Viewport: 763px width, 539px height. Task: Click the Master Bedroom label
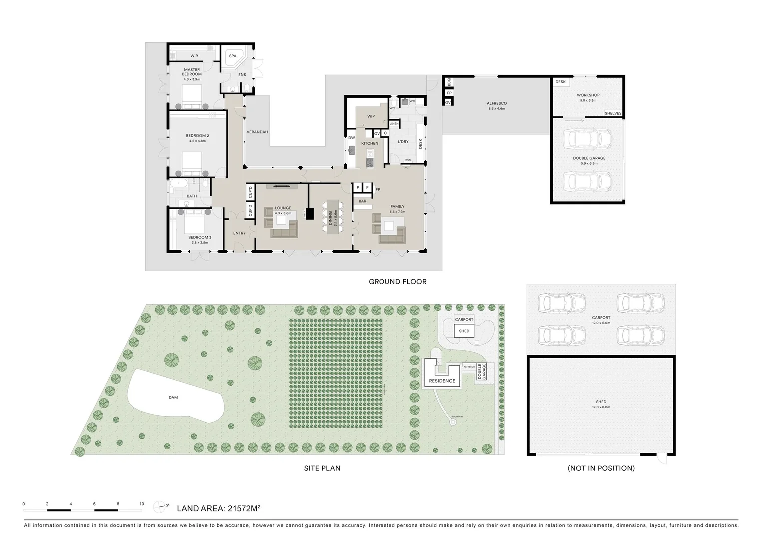[192, 72]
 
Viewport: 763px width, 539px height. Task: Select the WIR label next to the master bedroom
[194, 56]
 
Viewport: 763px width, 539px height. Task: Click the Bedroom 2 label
[197, 136]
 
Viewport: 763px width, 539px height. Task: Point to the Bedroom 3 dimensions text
[199, 242]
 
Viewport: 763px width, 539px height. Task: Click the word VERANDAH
[257, 132]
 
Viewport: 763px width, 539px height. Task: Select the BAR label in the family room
[362, 201]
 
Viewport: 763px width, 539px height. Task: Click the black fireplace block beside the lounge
[310, 213]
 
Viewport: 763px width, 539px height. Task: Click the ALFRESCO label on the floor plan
[496, 103]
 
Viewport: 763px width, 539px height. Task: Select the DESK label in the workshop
[560, 82]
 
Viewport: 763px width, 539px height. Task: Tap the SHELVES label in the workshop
[613, 113]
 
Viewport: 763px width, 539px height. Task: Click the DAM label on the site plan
[173, 397]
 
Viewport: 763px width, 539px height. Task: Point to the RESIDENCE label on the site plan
[442, 381]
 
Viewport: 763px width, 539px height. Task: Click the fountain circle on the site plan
[453, 422]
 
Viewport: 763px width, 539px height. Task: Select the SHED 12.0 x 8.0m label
[601, 404]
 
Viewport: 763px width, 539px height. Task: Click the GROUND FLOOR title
[397, 282]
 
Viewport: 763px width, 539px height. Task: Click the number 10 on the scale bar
[142, 504]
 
